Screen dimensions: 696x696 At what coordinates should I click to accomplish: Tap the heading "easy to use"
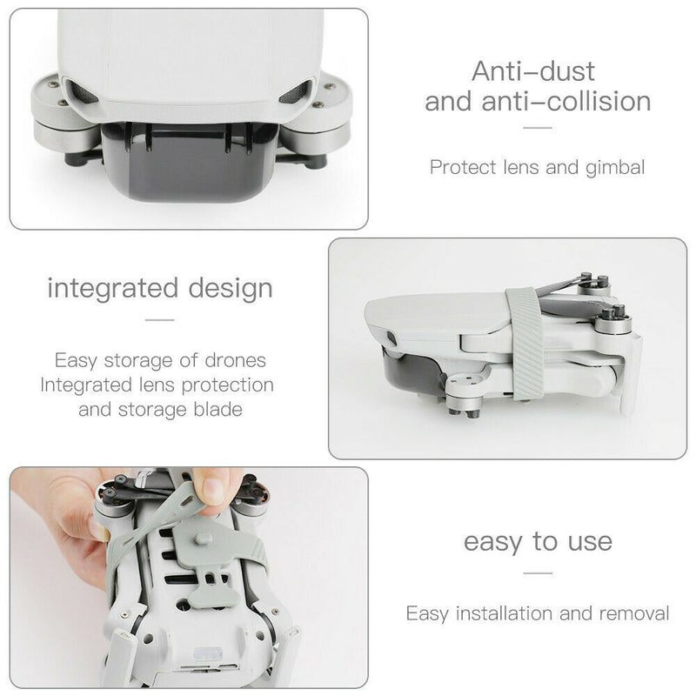tap(538, 542)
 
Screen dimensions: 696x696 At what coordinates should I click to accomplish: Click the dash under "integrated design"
tap(159, 320)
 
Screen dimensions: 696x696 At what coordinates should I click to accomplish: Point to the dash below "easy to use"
tap(538, 573)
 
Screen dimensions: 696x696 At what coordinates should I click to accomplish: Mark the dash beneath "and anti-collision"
tap(538, 128)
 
